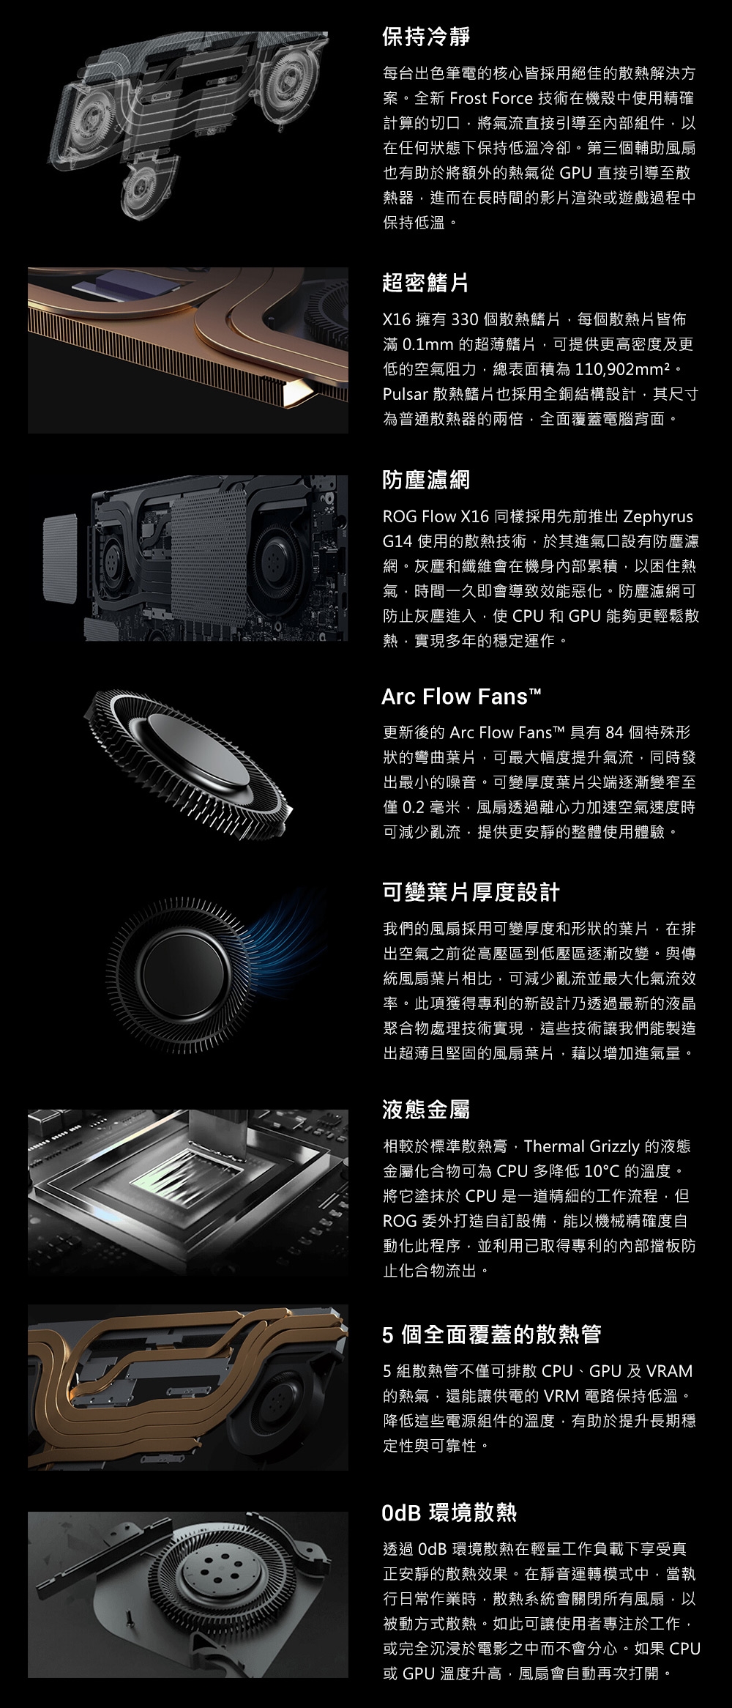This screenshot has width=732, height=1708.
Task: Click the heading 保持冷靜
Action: (x=426, y=36)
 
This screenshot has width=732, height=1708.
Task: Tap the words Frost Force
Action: (x=491, y=98)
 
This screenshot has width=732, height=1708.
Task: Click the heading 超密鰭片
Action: (x=426, y=283)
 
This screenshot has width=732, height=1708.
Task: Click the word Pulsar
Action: (x=406, y=394)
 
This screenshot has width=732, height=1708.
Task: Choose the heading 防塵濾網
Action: (x=426, y=480)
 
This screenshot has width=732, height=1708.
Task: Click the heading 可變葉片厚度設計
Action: (x=471, y=892)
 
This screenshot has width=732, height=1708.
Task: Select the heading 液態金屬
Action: (x=426, y=1110)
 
